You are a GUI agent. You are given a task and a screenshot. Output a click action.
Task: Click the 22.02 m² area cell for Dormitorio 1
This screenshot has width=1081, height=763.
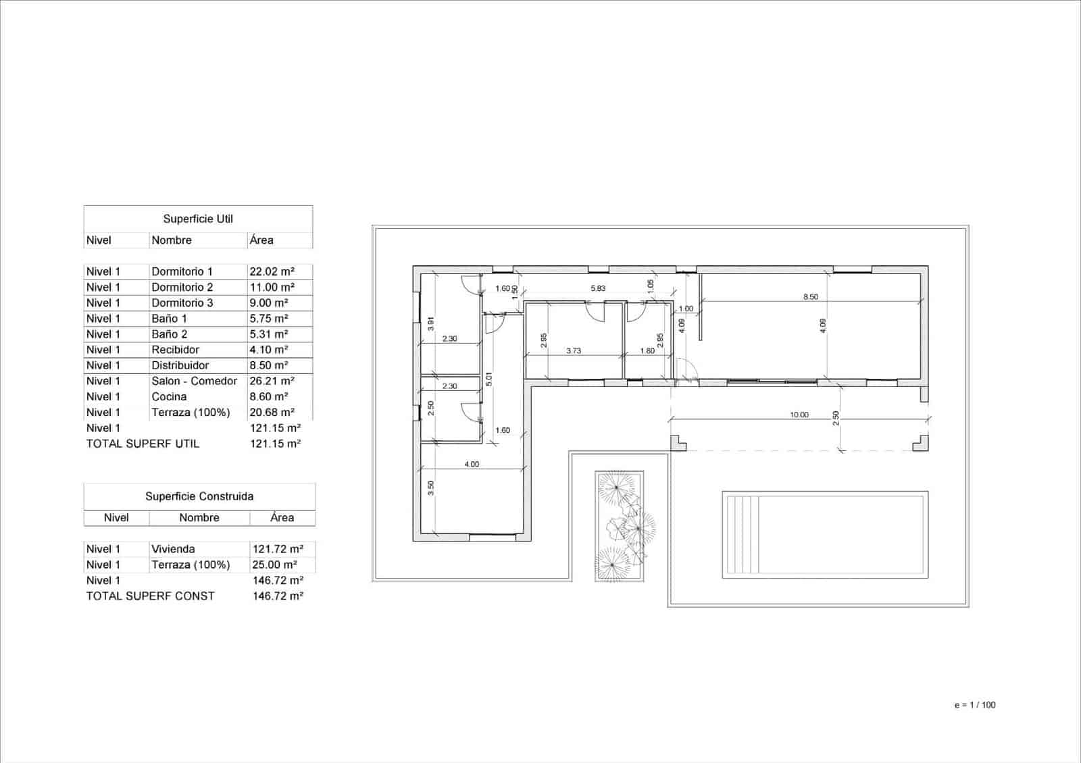[x=272, y=271]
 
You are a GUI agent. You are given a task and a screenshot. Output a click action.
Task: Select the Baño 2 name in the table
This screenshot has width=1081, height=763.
[x=170, y=334]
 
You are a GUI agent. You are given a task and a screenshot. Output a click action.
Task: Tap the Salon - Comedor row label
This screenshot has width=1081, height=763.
[x=194, y=381]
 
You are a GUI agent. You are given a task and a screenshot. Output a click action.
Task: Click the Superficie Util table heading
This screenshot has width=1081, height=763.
[x=198, y=219]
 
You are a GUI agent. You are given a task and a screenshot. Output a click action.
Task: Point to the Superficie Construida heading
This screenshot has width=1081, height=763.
[x=199, y=496]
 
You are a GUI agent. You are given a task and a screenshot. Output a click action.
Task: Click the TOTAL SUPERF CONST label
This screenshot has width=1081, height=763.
[x=150, y=596]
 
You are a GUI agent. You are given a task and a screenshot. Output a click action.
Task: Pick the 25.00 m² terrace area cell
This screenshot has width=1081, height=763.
[x=275, y=564]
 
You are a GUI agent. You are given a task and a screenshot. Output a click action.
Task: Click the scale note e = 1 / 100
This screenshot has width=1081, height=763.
[x=975, y=705]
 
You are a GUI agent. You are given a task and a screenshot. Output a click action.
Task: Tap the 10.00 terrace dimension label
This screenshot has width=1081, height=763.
[x=799, y=415]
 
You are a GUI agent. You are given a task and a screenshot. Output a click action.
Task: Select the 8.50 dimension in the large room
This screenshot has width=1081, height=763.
[x=810, y=296]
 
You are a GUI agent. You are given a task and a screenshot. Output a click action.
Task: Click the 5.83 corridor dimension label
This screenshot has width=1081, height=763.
[x=598, y=288]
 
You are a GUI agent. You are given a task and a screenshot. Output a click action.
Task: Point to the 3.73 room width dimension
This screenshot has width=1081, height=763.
[x=573, y=350]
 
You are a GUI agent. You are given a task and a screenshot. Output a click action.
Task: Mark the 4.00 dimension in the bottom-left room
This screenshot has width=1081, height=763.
[x=472, y=464]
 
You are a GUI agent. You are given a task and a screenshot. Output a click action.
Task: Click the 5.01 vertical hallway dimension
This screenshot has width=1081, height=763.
[x=489, y=379]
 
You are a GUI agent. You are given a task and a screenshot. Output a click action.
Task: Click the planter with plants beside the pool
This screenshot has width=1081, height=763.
[x=620, y=526]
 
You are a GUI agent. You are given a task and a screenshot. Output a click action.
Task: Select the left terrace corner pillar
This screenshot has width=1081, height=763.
[x=678, y=443]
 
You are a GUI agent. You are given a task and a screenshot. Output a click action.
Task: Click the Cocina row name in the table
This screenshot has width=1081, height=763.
[x=169, y=397]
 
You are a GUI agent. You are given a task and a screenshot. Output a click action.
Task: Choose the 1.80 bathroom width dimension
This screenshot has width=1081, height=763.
[x=647, y=350]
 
